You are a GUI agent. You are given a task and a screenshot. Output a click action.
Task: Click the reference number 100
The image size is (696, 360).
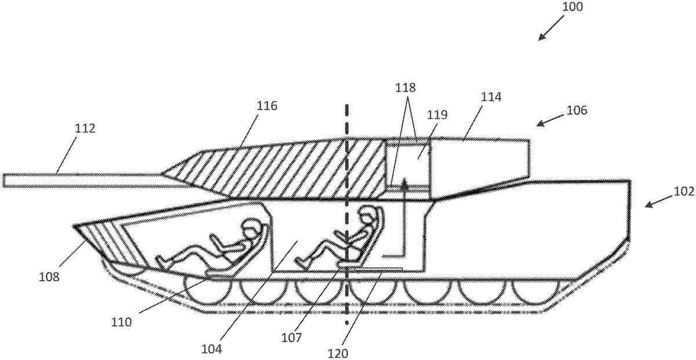[x=572, y=8]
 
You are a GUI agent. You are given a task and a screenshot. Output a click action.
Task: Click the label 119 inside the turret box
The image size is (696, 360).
[x=438, y=115]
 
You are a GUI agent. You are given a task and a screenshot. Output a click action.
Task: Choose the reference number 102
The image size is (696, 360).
[x=683, y=192]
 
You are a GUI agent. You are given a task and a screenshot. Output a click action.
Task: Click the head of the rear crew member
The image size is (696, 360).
[x=365, y=217]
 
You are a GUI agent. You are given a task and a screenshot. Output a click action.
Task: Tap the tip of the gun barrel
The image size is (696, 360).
[x=5, y=180]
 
